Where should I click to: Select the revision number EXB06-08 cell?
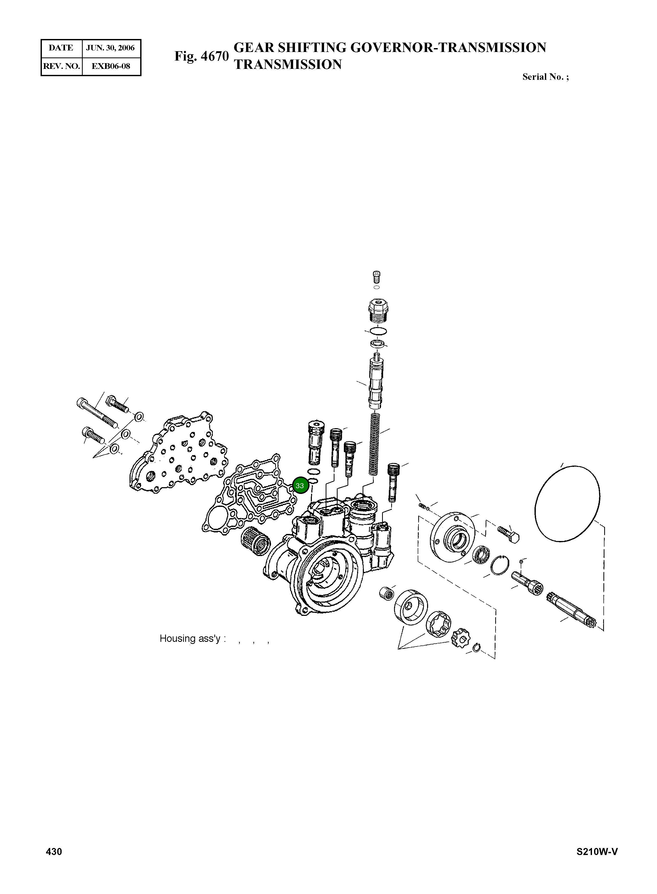click(x=111, y=66)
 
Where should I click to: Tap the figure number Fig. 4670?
click(x=201, y=56)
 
